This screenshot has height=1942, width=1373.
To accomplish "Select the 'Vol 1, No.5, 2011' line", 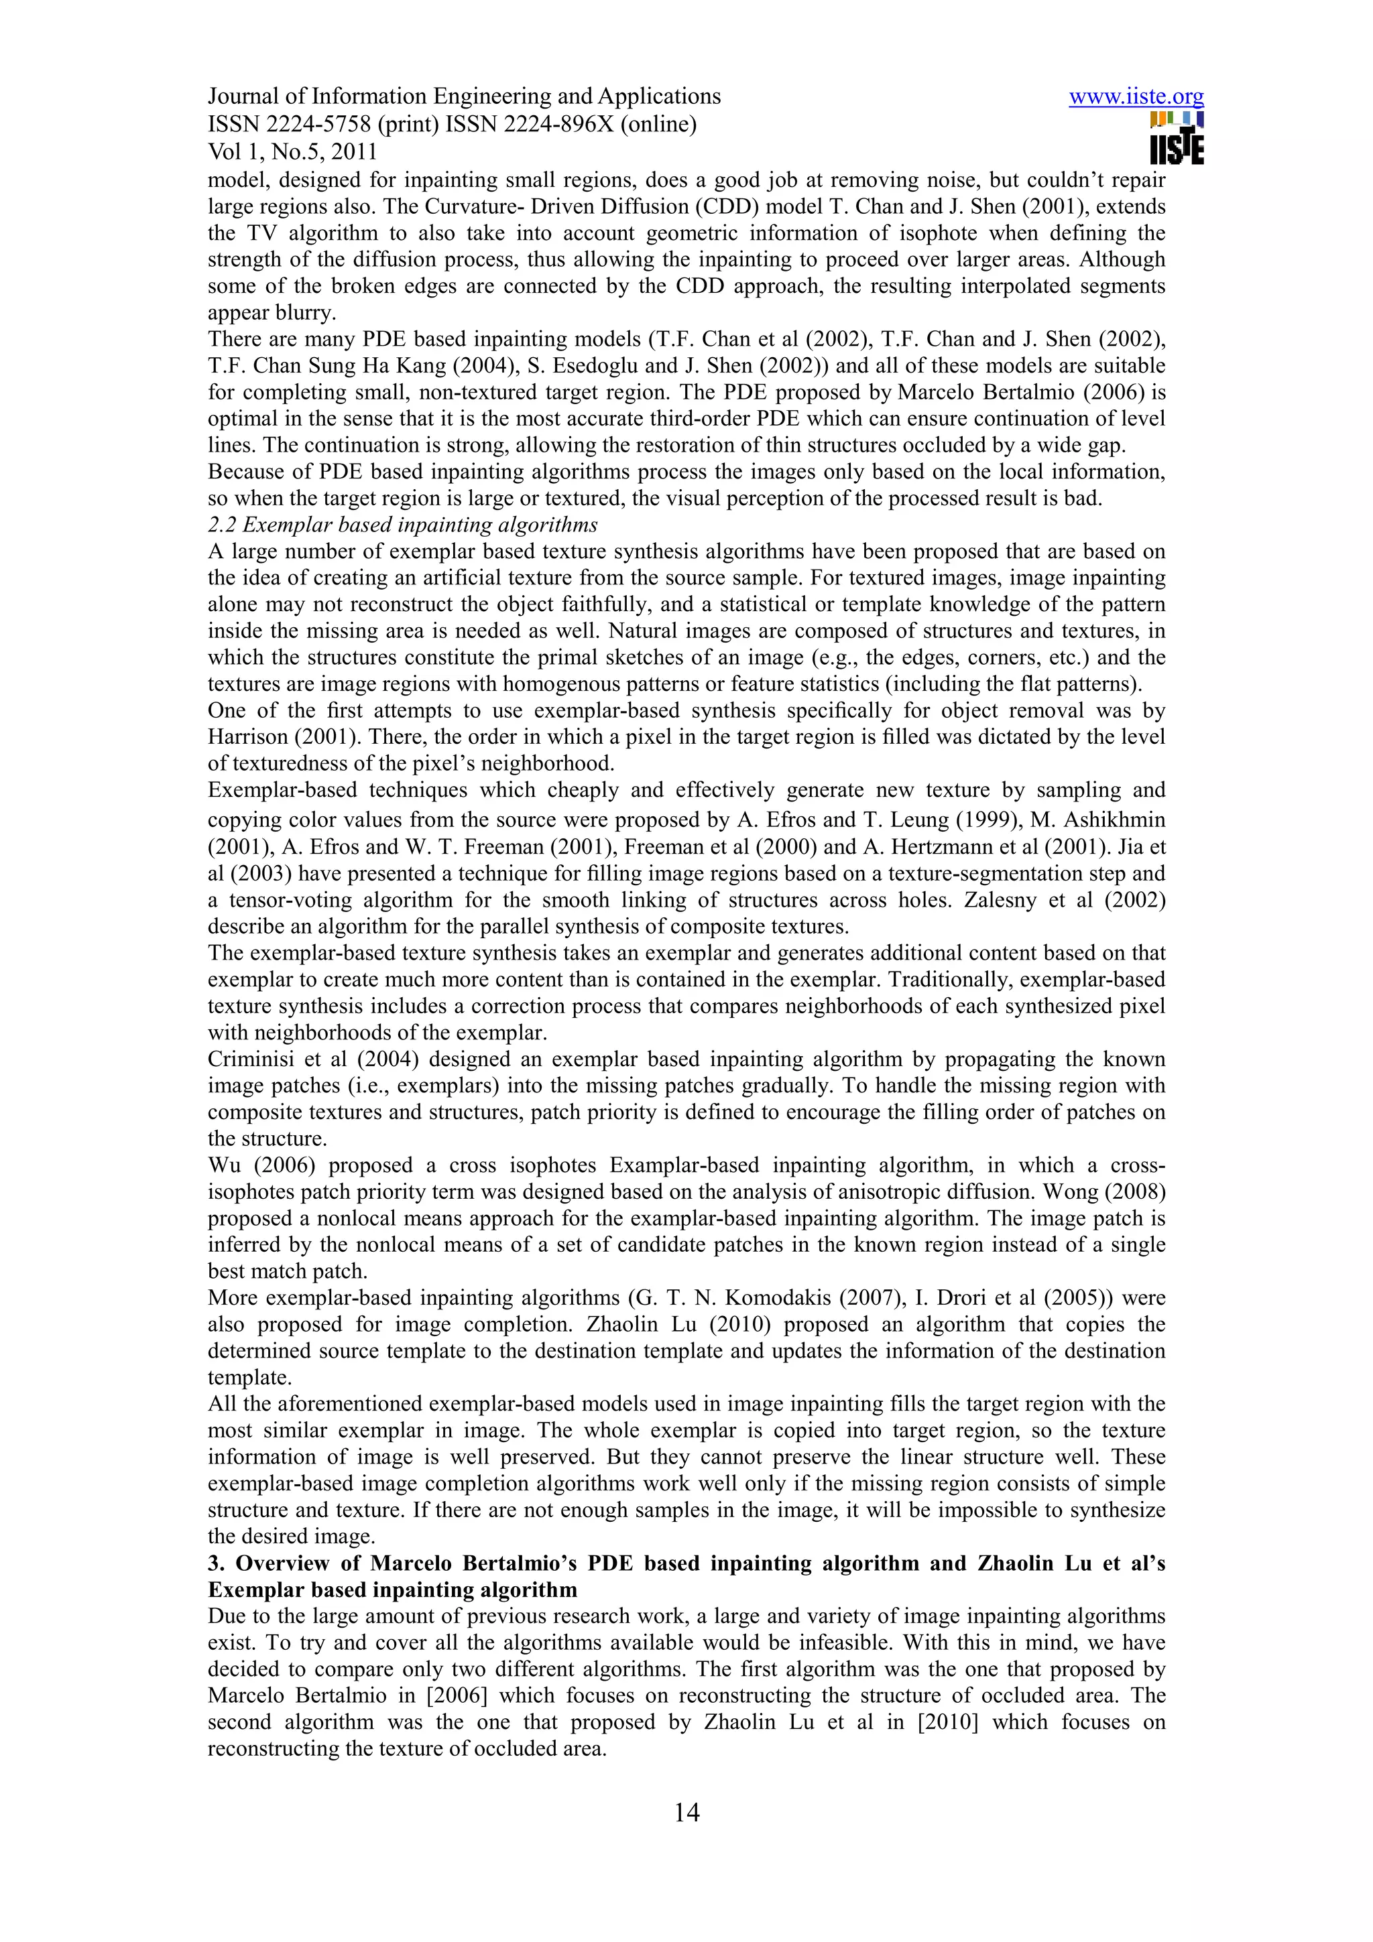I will tap(292, 151).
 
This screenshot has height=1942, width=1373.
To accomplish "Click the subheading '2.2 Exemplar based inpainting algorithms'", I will tap(403, 525).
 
